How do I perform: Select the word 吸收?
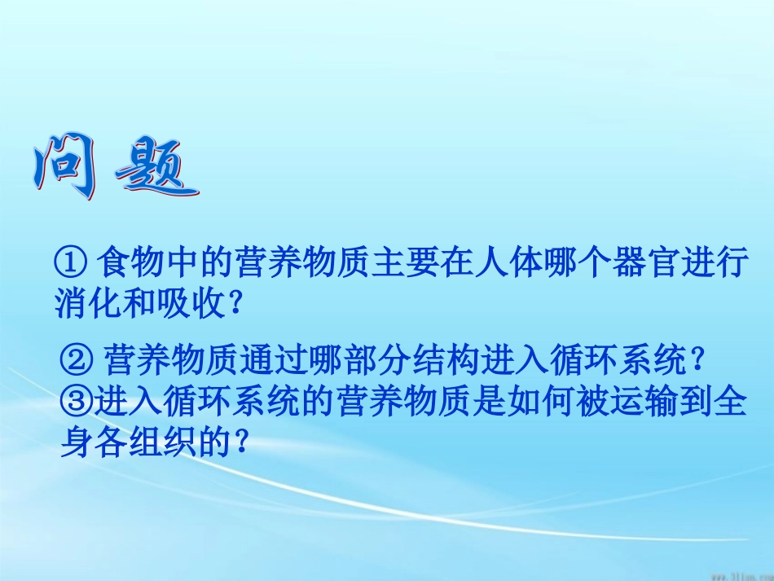point(192,304)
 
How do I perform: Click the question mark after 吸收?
point(235,304)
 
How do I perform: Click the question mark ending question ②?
point(694,359)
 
